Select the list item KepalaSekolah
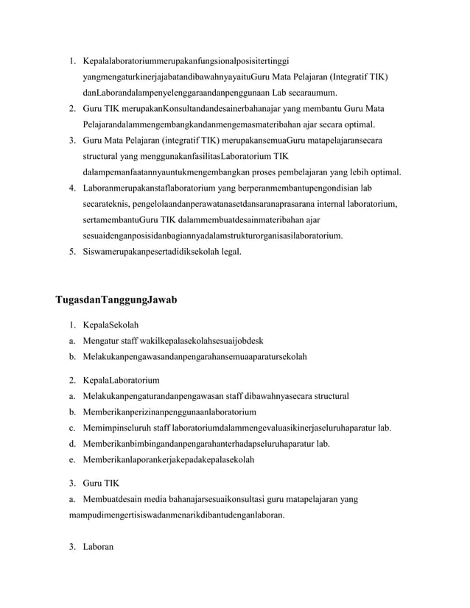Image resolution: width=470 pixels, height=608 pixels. [111, 325]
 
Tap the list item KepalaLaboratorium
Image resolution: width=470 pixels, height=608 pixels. [122, 381]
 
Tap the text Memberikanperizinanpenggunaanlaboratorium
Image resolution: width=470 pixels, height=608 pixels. [169, 411]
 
